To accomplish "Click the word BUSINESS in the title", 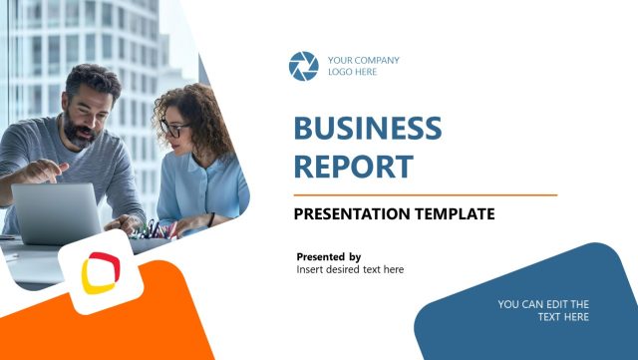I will (x=367, y=129).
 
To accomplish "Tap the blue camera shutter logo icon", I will (x=303, y=66).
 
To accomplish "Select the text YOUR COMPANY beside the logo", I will (x=363, y=60).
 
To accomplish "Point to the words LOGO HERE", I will (x=352, y=72).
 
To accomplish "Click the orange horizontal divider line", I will (x=425, y=194).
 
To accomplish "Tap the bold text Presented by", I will (x=329, y=256).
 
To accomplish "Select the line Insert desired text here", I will (x=350, y=269).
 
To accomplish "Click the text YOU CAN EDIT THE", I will (x=543, y=304).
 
